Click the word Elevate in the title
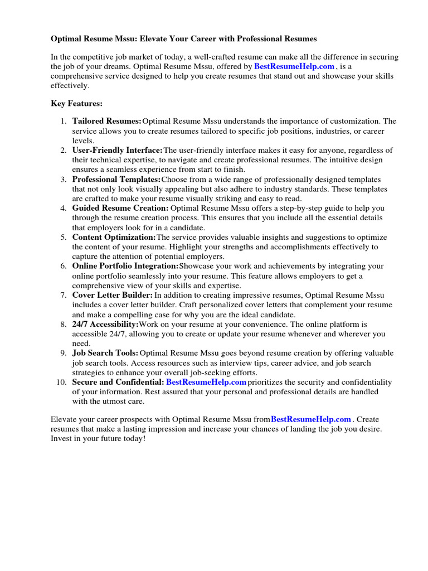154,39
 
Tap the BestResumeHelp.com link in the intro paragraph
294,66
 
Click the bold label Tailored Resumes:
106,121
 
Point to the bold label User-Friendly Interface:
117,151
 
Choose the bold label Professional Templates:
116,180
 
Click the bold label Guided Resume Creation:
120,208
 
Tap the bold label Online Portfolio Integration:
125,267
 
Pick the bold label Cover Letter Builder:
113,295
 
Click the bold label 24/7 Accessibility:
105,324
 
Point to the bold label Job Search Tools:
105,353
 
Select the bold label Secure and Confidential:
118,382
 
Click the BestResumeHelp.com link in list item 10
206,382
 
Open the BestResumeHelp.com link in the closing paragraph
311,419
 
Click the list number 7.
63,295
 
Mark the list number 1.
63,121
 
